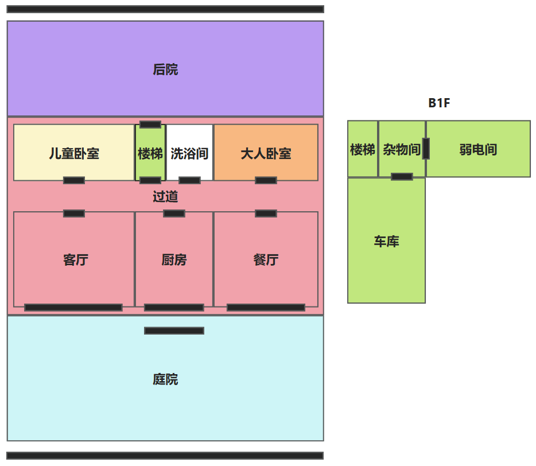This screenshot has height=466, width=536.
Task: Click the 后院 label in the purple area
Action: tap(165, 69)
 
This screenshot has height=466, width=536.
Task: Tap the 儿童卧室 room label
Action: tap(74, 154)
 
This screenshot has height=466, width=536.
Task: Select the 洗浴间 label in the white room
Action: tap(189, 154)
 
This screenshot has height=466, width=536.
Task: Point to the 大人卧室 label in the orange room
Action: tap(266, 154)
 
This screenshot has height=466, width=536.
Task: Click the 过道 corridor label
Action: tap(165, 197)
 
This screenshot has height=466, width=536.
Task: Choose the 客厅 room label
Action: tap(76, 260)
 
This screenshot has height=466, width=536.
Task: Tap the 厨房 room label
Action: tap(174, 260)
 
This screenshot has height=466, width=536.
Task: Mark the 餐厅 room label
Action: tap(266, 260)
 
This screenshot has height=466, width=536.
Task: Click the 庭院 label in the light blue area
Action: tap(165, 379)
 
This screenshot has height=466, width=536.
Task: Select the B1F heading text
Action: tap(439, 103)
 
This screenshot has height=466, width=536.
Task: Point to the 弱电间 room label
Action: tap(478, 150)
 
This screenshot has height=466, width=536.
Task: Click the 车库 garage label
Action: tap(386, 242)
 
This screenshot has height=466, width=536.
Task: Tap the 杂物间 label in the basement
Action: tap(402, 150)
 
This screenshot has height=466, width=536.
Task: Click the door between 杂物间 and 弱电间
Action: tap(426, 149)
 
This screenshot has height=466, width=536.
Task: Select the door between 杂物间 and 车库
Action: tap(402, 177)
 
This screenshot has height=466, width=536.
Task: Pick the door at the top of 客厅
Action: tap(74, 213)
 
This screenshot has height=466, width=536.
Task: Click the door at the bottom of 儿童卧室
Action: tap(74, 180)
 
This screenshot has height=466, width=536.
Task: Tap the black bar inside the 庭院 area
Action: tap(174, 331)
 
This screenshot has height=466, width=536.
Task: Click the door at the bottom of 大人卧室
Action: tap(266, 180)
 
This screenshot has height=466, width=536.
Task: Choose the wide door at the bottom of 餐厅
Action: tap(266, 308)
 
